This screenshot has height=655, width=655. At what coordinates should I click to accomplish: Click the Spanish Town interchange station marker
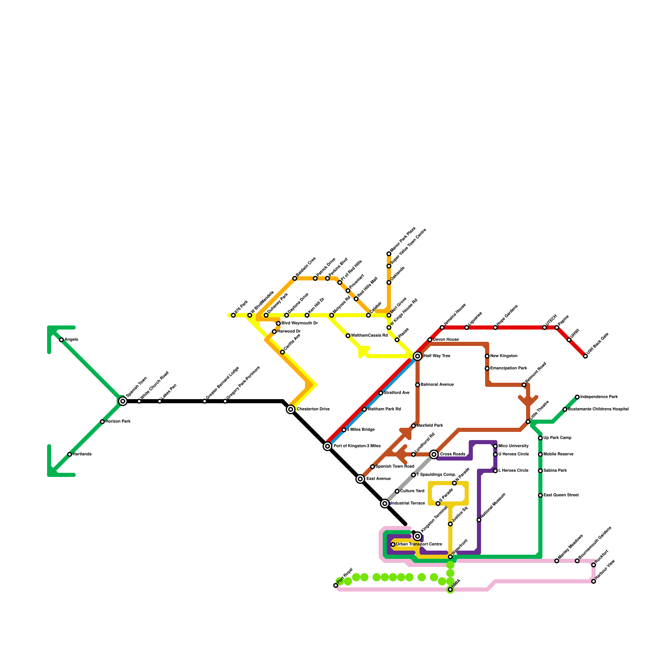tap(123, 401)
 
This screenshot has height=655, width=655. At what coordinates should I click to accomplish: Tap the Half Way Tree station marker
tap(418, 356)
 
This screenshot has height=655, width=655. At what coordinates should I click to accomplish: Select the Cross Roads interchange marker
tap(434, 454)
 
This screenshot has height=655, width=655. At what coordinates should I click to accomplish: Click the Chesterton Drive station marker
tap(291, 409)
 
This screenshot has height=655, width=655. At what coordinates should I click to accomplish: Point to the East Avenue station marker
tap(360, 479)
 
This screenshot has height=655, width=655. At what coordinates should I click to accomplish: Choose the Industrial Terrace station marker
tap(385, 504)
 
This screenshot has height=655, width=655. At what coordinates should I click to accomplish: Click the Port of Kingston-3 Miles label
tap(357, 446)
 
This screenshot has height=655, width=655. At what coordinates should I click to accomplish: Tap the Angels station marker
tap(61, 340)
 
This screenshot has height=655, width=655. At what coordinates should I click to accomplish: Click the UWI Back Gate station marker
tap(585, 356)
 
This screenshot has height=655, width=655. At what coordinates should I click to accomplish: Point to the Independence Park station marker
tap(577, 397)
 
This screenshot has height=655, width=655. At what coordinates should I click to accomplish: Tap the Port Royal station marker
tap(336, 585)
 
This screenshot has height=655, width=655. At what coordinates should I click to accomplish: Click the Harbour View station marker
tap(594, 581)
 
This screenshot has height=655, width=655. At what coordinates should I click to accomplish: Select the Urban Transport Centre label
tap(419, 544)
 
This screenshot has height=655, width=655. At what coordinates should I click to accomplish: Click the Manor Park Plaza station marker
tap(389, 254)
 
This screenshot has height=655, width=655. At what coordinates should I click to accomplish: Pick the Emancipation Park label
tap(509, 368)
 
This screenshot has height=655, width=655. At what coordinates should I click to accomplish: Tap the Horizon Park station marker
tap(102, 422)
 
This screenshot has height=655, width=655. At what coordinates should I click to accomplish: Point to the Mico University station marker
tap(495, 446)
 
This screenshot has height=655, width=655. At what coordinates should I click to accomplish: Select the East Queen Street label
tap(561, 495)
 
